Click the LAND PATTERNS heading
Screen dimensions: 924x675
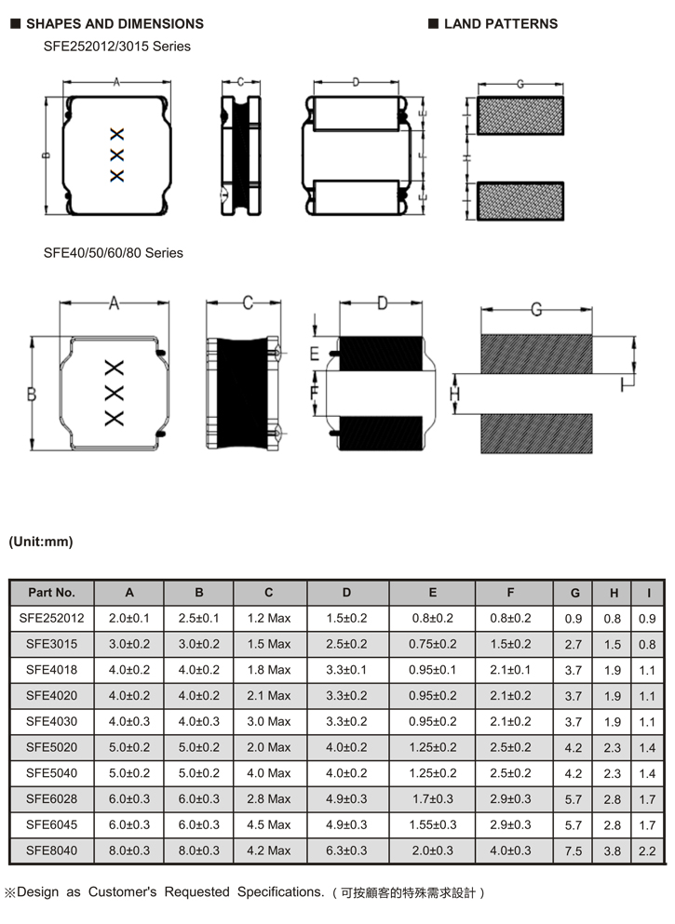coord(500,23)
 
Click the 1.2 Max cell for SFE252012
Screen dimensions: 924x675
coord(269,619)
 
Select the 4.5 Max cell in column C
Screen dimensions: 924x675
coord(269,824)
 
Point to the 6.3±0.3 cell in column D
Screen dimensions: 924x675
coord(347,850)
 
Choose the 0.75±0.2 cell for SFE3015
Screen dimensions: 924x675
coord(432,644)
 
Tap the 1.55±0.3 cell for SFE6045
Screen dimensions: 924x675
coord(432,824)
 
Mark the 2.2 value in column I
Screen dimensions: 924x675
coord(647,850)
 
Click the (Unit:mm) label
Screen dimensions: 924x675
coord(40,542)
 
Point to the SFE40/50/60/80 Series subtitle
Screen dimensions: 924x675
coord(113,253)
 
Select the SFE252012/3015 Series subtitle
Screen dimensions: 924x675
coord(116,46)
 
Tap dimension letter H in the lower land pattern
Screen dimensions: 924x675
coord(455,395)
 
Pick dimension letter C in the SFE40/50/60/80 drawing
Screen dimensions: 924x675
coord(248,303)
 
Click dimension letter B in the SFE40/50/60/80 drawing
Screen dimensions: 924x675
coord(32,395)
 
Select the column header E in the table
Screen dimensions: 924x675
coord(432,593)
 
